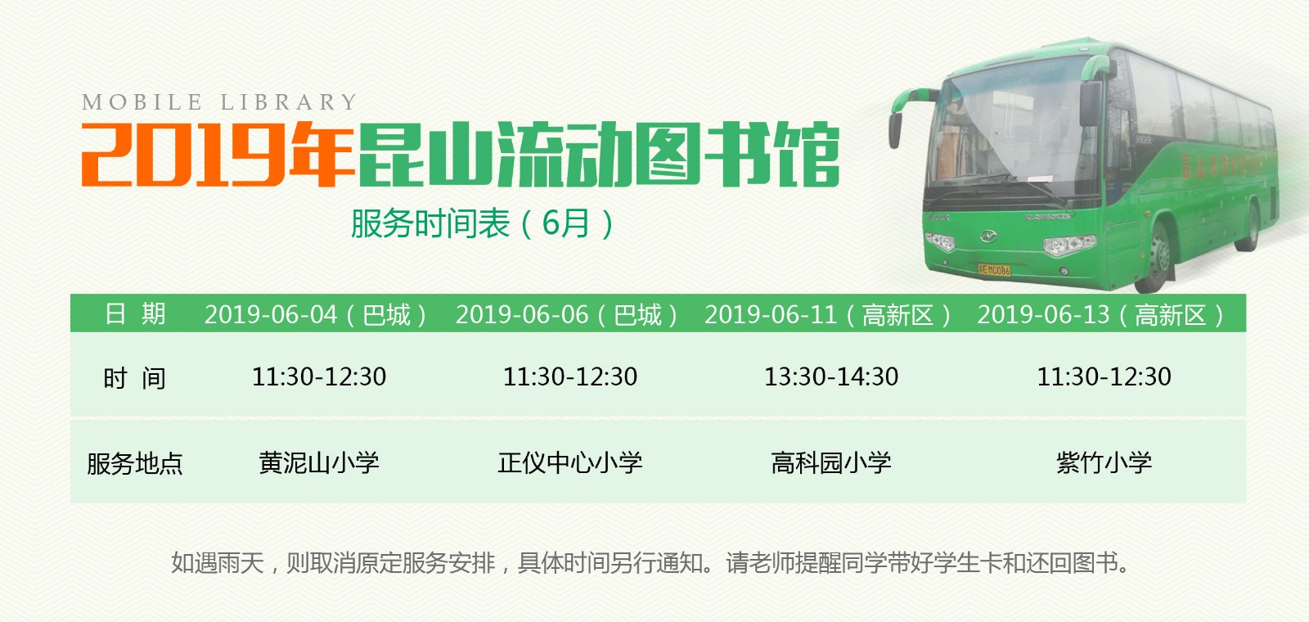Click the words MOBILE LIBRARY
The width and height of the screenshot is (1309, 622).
219,102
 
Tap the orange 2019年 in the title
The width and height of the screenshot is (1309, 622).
216,154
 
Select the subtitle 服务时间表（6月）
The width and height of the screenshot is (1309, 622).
483,223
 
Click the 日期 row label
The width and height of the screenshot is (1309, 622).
135,313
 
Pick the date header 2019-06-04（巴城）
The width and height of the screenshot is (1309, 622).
317,314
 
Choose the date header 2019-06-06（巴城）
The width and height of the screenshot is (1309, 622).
568,314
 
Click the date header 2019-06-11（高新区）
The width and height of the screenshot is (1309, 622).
829,314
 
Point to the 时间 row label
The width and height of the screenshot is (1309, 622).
135,378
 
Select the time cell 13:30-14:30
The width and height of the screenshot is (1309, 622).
831,376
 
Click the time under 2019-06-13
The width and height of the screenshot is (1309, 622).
1104,376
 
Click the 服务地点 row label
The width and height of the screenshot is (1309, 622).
135,463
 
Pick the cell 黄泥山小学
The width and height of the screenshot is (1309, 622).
319,462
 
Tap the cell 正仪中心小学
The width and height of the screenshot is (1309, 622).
570,462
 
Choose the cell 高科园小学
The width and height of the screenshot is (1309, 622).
831,462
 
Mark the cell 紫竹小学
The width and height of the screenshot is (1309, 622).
1104,462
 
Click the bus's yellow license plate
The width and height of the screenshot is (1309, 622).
994,269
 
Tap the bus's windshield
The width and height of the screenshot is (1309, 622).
1014,131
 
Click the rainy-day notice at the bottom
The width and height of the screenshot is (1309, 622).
651,563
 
